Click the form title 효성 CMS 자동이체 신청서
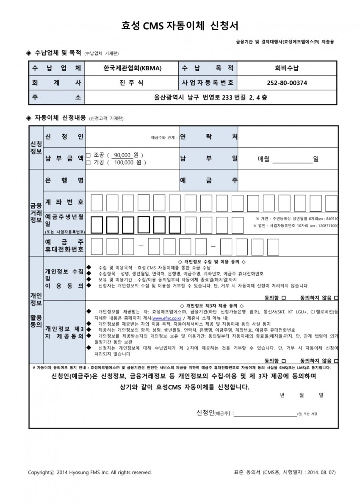[180, 26]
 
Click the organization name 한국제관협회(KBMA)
[133, 68]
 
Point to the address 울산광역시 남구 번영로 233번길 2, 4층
[210, 97]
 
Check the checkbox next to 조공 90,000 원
[88, 155]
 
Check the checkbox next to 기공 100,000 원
[88, 162]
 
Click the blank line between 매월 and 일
[291, 159]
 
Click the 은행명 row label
[64, 180]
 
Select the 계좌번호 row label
[64, 202]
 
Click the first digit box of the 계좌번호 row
[96, 202]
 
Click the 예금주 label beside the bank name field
[209, 180]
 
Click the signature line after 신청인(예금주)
[266, 413]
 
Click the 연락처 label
[209, 137]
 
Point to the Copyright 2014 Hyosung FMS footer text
[89, 472]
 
